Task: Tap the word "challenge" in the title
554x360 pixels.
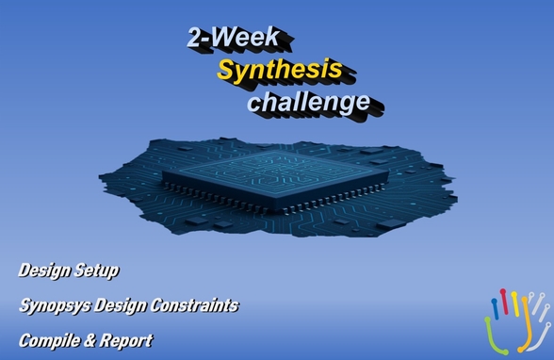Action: click(307, 100)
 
